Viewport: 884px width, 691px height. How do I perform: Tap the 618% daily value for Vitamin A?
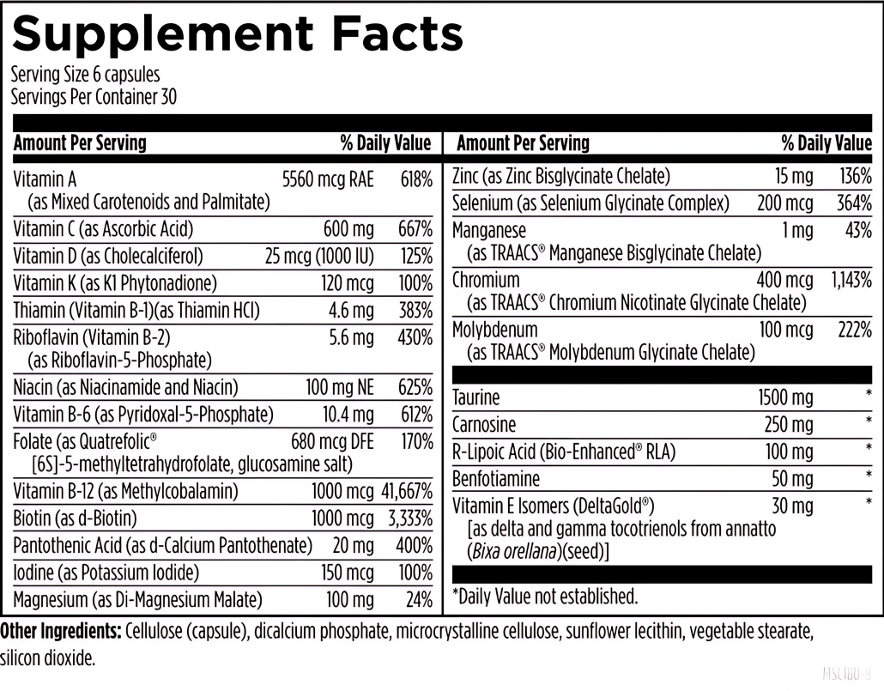point(415,180)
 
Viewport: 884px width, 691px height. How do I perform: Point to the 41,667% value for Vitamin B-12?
point(406,492)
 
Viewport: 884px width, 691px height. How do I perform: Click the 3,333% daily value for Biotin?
point(410,518)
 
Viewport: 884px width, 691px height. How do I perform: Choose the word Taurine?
point(475,397)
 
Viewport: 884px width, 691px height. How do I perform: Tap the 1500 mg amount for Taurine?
point(784,397)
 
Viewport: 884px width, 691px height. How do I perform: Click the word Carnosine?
point(484,425)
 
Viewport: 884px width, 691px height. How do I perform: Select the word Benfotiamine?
point(496,478)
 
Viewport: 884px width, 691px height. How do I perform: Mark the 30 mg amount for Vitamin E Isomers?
point(791,506)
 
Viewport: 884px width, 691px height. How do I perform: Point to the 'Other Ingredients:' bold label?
point(60,633)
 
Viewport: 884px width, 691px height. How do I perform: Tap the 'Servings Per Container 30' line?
point(94,97)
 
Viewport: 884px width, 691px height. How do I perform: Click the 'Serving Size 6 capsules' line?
point(85,76)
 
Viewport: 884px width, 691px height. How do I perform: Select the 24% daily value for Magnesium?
point(419,600)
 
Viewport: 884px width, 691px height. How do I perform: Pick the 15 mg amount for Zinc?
point(793,177)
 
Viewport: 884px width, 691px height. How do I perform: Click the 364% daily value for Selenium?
point(854,203)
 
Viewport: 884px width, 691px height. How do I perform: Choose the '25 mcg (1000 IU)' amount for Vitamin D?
point(319,256)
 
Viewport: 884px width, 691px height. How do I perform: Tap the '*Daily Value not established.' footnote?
point(544,596)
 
